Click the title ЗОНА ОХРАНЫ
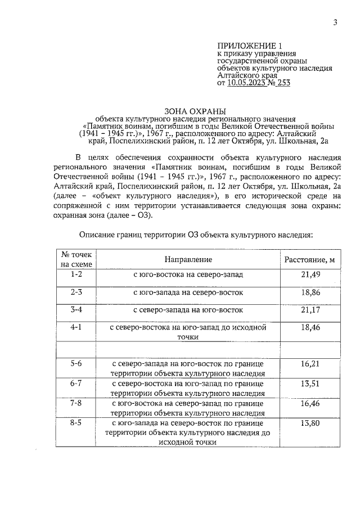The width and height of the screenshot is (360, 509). click(188, 111)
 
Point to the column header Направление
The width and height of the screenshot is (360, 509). click(188, 259)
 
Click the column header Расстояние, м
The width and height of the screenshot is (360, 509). click(310, 259)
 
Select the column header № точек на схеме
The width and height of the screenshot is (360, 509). click(76, 259)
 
